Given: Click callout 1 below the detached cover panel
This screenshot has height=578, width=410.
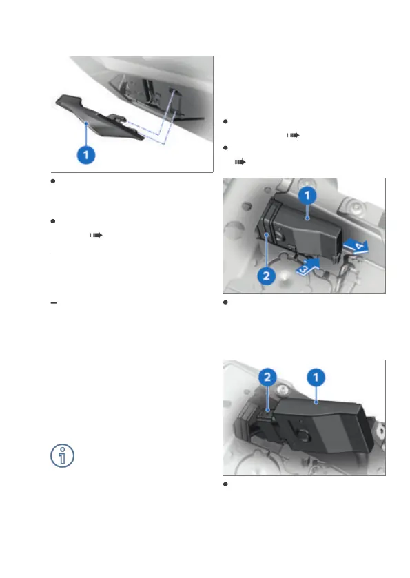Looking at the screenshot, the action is (86, 155).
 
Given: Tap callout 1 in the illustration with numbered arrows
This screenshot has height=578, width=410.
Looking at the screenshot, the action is (307, 196).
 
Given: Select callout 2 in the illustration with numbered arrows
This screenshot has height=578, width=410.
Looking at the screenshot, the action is (266, 276).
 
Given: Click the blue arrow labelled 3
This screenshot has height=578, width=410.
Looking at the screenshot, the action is (307, 266).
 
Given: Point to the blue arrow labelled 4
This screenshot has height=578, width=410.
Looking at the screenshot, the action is (356, 246).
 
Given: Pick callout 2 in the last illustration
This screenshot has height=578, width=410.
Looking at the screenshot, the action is (267, 377).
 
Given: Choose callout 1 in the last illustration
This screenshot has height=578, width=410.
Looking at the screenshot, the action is (316, 378).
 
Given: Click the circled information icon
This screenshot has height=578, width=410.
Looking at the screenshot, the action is (62, 455).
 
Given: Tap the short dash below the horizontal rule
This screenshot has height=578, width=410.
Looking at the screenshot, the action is (54, 303).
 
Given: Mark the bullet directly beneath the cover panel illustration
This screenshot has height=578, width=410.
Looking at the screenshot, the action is (53, 181).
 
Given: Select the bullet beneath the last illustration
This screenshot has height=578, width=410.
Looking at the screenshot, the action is (225, 484).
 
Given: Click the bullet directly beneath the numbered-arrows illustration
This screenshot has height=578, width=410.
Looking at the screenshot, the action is (225, 302).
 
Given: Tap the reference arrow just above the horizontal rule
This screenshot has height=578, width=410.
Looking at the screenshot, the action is (96, 235).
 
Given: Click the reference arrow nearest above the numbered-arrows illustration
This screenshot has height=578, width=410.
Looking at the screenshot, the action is (239, 162).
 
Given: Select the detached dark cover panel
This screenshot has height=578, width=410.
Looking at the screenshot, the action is (99, 117).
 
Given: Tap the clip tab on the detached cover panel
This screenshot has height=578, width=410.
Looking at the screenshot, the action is (116, 118).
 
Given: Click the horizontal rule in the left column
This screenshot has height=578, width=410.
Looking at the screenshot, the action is (132, 251).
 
